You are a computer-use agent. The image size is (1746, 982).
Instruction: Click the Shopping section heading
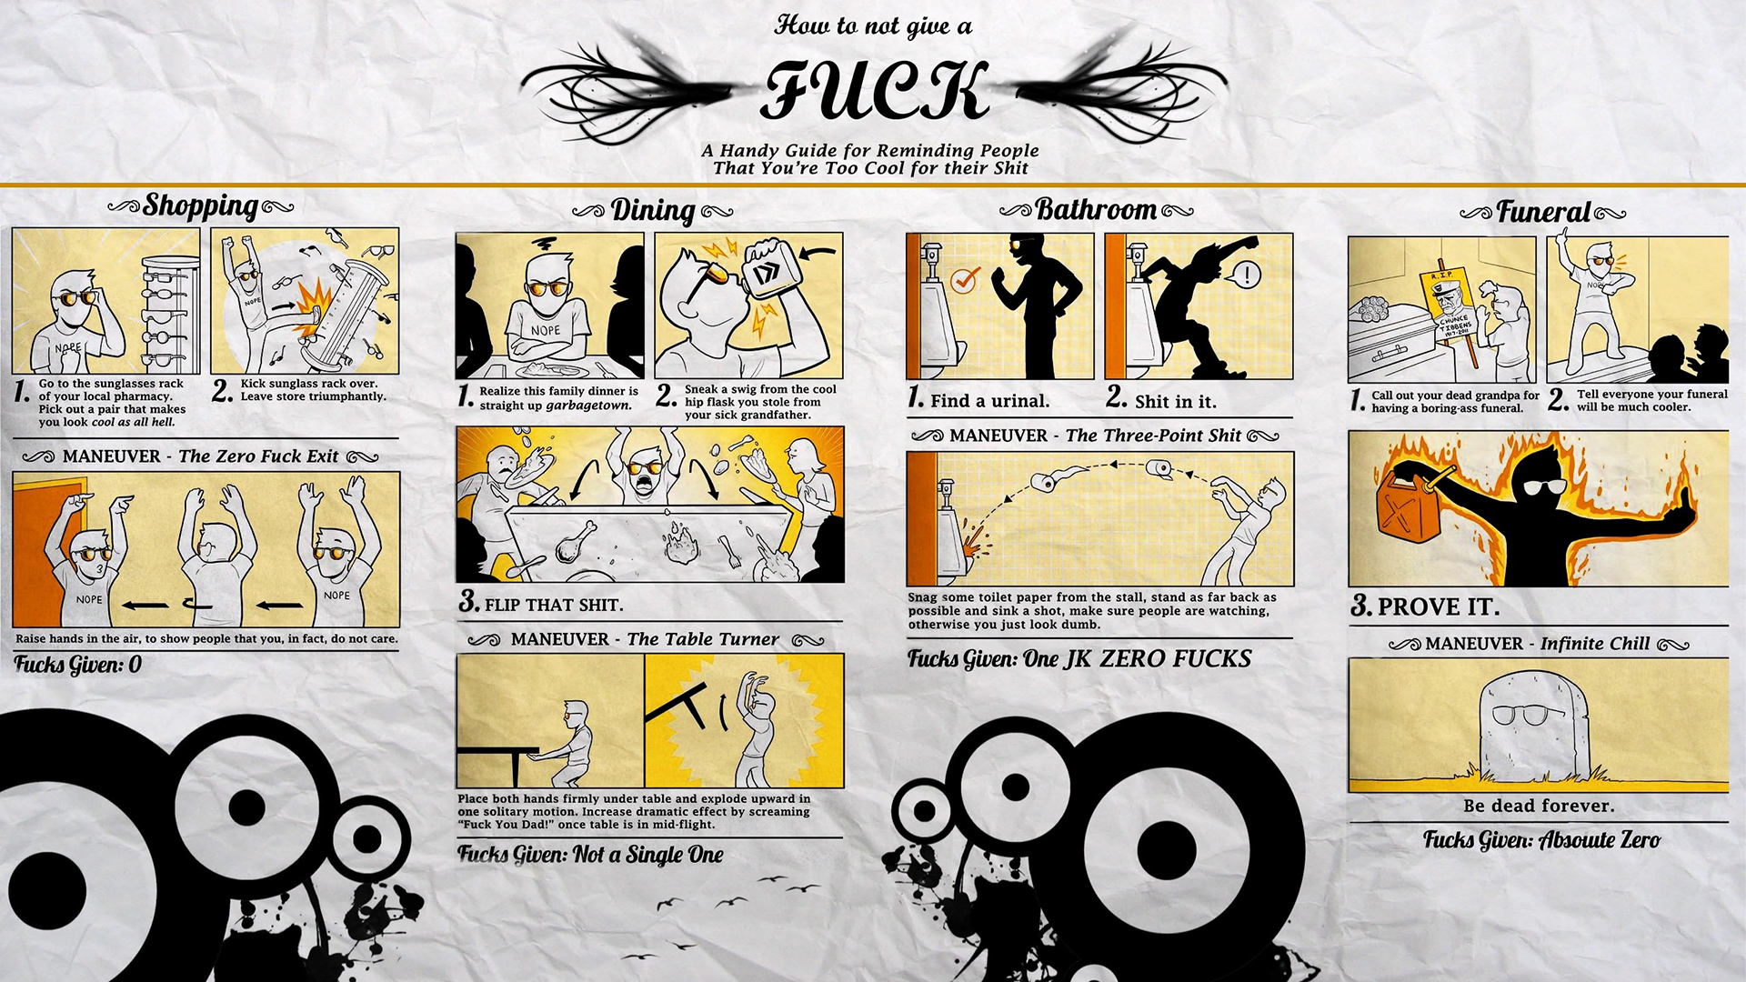201,206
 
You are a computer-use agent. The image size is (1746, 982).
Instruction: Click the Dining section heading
652,211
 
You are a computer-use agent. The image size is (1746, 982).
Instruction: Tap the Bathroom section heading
1096,210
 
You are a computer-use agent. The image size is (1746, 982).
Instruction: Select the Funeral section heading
1543,213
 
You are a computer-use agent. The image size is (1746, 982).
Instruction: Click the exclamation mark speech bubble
1246,274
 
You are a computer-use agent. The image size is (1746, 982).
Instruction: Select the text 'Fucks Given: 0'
78,665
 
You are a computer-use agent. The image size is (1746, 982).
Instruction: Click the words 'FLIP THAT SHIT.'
553,605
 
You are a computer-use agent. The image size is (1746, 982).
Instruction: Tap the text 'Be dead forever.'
1539,806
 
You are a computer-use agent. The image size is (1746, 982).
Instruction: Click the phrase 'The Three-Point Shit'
1152,436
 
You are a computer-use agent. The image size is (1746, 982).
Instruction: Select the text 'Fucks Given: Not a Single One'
590,855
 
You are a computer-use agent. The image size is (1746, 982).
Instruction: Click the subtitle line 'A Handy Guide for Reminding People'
869,151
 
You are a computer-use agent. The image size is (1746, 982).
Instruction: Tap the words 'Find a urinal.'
989,401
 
